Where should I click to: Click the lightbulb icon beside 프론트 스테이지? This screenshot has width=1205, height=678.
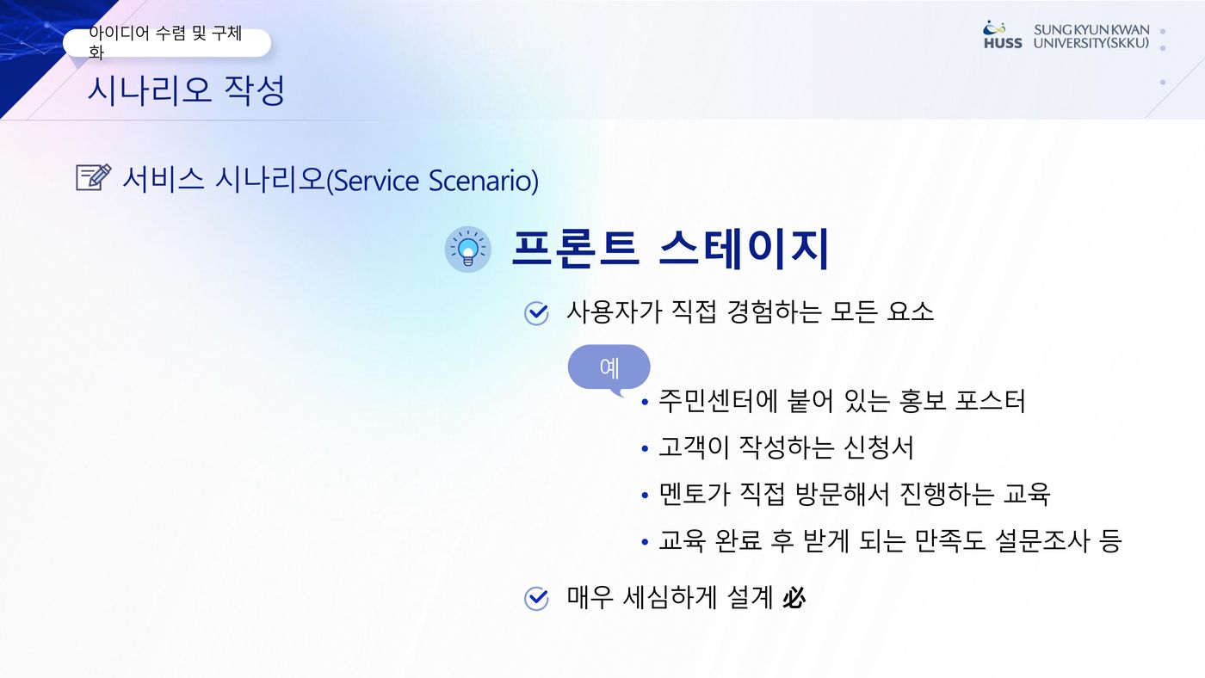coord(467,250)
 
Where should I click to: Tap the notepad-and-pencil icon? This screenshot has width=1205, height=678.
coord(94,177)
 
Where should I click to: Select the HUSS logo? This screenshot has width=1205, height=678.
coord(1002,35)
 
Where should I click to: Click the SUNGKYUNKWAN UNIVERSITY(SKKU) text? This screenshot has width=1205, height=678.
coord(1091,36)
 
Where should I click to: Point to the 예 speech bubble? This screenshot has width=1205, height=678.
coord(609,368)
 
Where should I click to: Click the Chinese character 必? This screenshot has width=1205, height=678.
coord(794,598)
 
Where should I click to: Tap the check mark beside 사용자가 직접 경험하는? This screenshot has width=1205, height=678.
coord(535,313)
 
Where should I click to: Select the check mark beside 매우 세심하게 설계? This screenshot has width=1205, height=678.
coord(535,599)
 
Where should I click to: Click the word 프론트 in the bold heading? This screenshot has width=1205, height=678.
coord(576,248)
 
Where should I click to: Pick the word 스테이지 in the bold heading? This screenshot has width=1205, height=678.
coord(745,248)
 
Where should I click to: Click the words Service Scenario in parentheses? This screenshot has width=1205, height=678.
coord(432,180)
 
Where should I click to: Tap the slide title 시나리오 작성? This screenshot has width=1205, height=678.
coord(186,89)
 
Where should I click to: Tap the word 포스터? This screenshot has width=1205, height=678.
coord(991,401)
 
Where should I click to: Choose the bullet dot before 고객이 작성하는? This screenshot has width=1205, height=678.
coord(645,448)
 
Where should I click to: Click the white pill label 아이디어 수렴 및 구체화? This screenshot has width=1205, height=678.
coord(167,42)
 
